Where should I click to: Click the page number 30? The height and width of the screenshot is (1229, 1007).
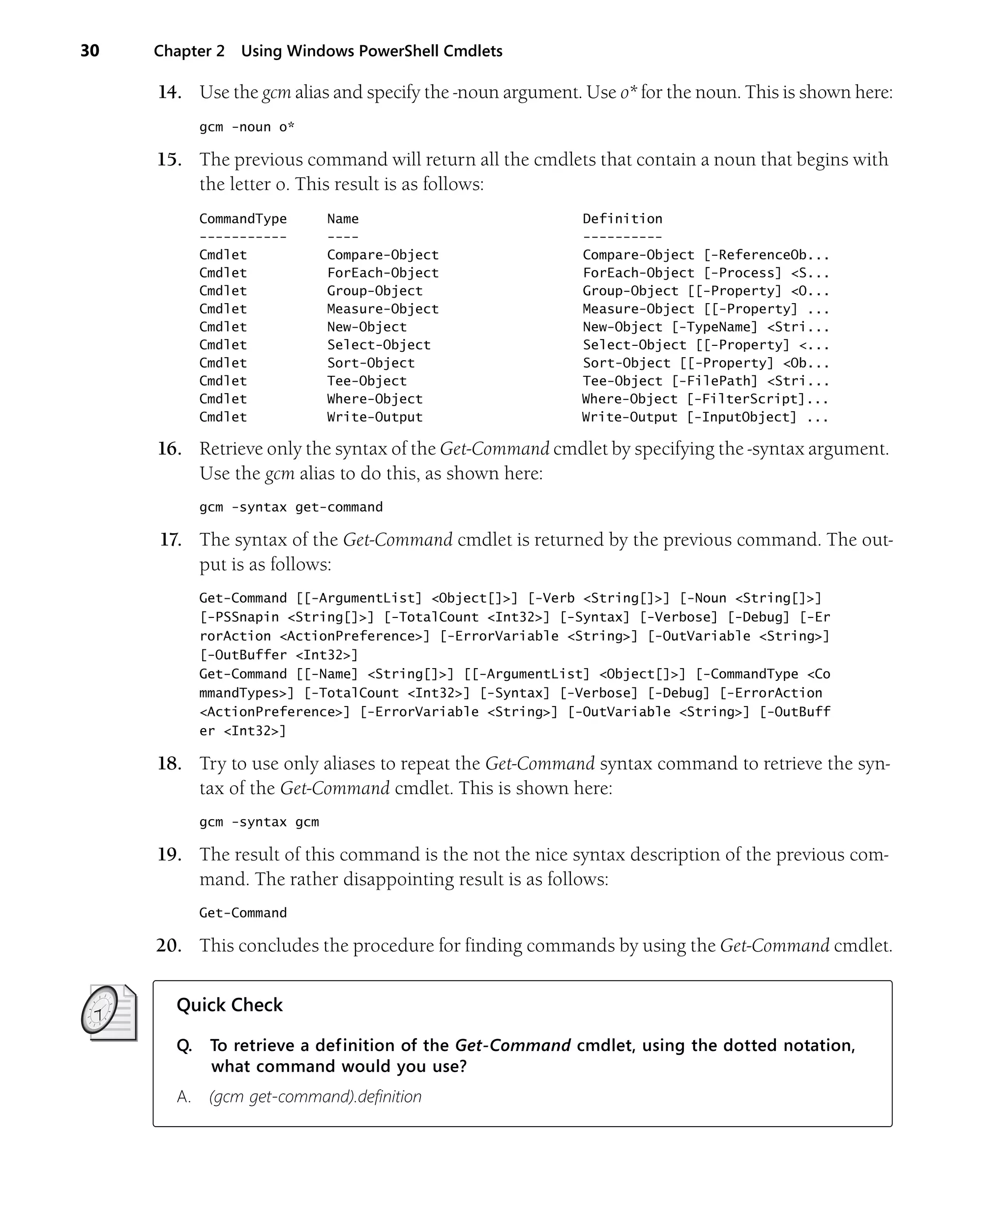point(89,51)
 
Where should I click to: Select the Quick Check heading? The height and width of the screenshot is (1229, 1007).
point(229,1005)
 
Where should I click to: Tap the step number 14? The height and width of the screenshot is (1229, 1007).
point(169,92)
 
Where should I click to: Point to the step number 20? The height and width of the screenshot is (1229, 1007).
point(169,945)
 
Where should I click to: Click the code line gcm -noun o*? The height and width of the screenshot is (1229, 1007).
point(246,127)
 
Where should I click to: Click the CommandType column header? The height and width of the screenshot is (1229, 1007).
point(242,219)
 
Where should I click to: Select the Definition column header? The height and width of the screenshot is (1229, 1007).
point(622,219)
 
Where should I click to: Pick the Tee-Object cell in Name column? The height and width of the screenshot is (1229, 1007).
point(367,381)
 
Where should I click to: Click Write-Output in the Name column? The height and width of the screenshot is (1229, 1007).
point(374,417)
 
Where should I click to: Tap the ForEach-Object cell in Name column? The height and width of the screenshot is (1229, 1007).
point(382,273)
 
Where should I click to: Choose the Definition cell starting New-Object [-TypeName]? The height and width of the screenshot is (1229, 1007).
point(706,327)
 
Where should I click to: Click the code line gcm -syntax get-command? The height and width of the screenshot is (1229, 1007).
point(291,507)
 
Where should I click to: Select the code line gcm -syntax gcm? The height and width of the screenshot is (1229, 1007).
point(259,822)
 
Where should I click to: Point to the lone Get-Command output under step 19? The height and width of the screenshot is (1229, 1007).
point(242,913)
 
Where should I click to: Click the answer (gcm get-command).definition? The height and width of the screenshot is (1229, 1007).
point(315,1097)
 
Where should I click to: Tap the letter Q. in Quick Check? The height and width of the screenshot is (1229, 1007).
point(184,1045)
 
